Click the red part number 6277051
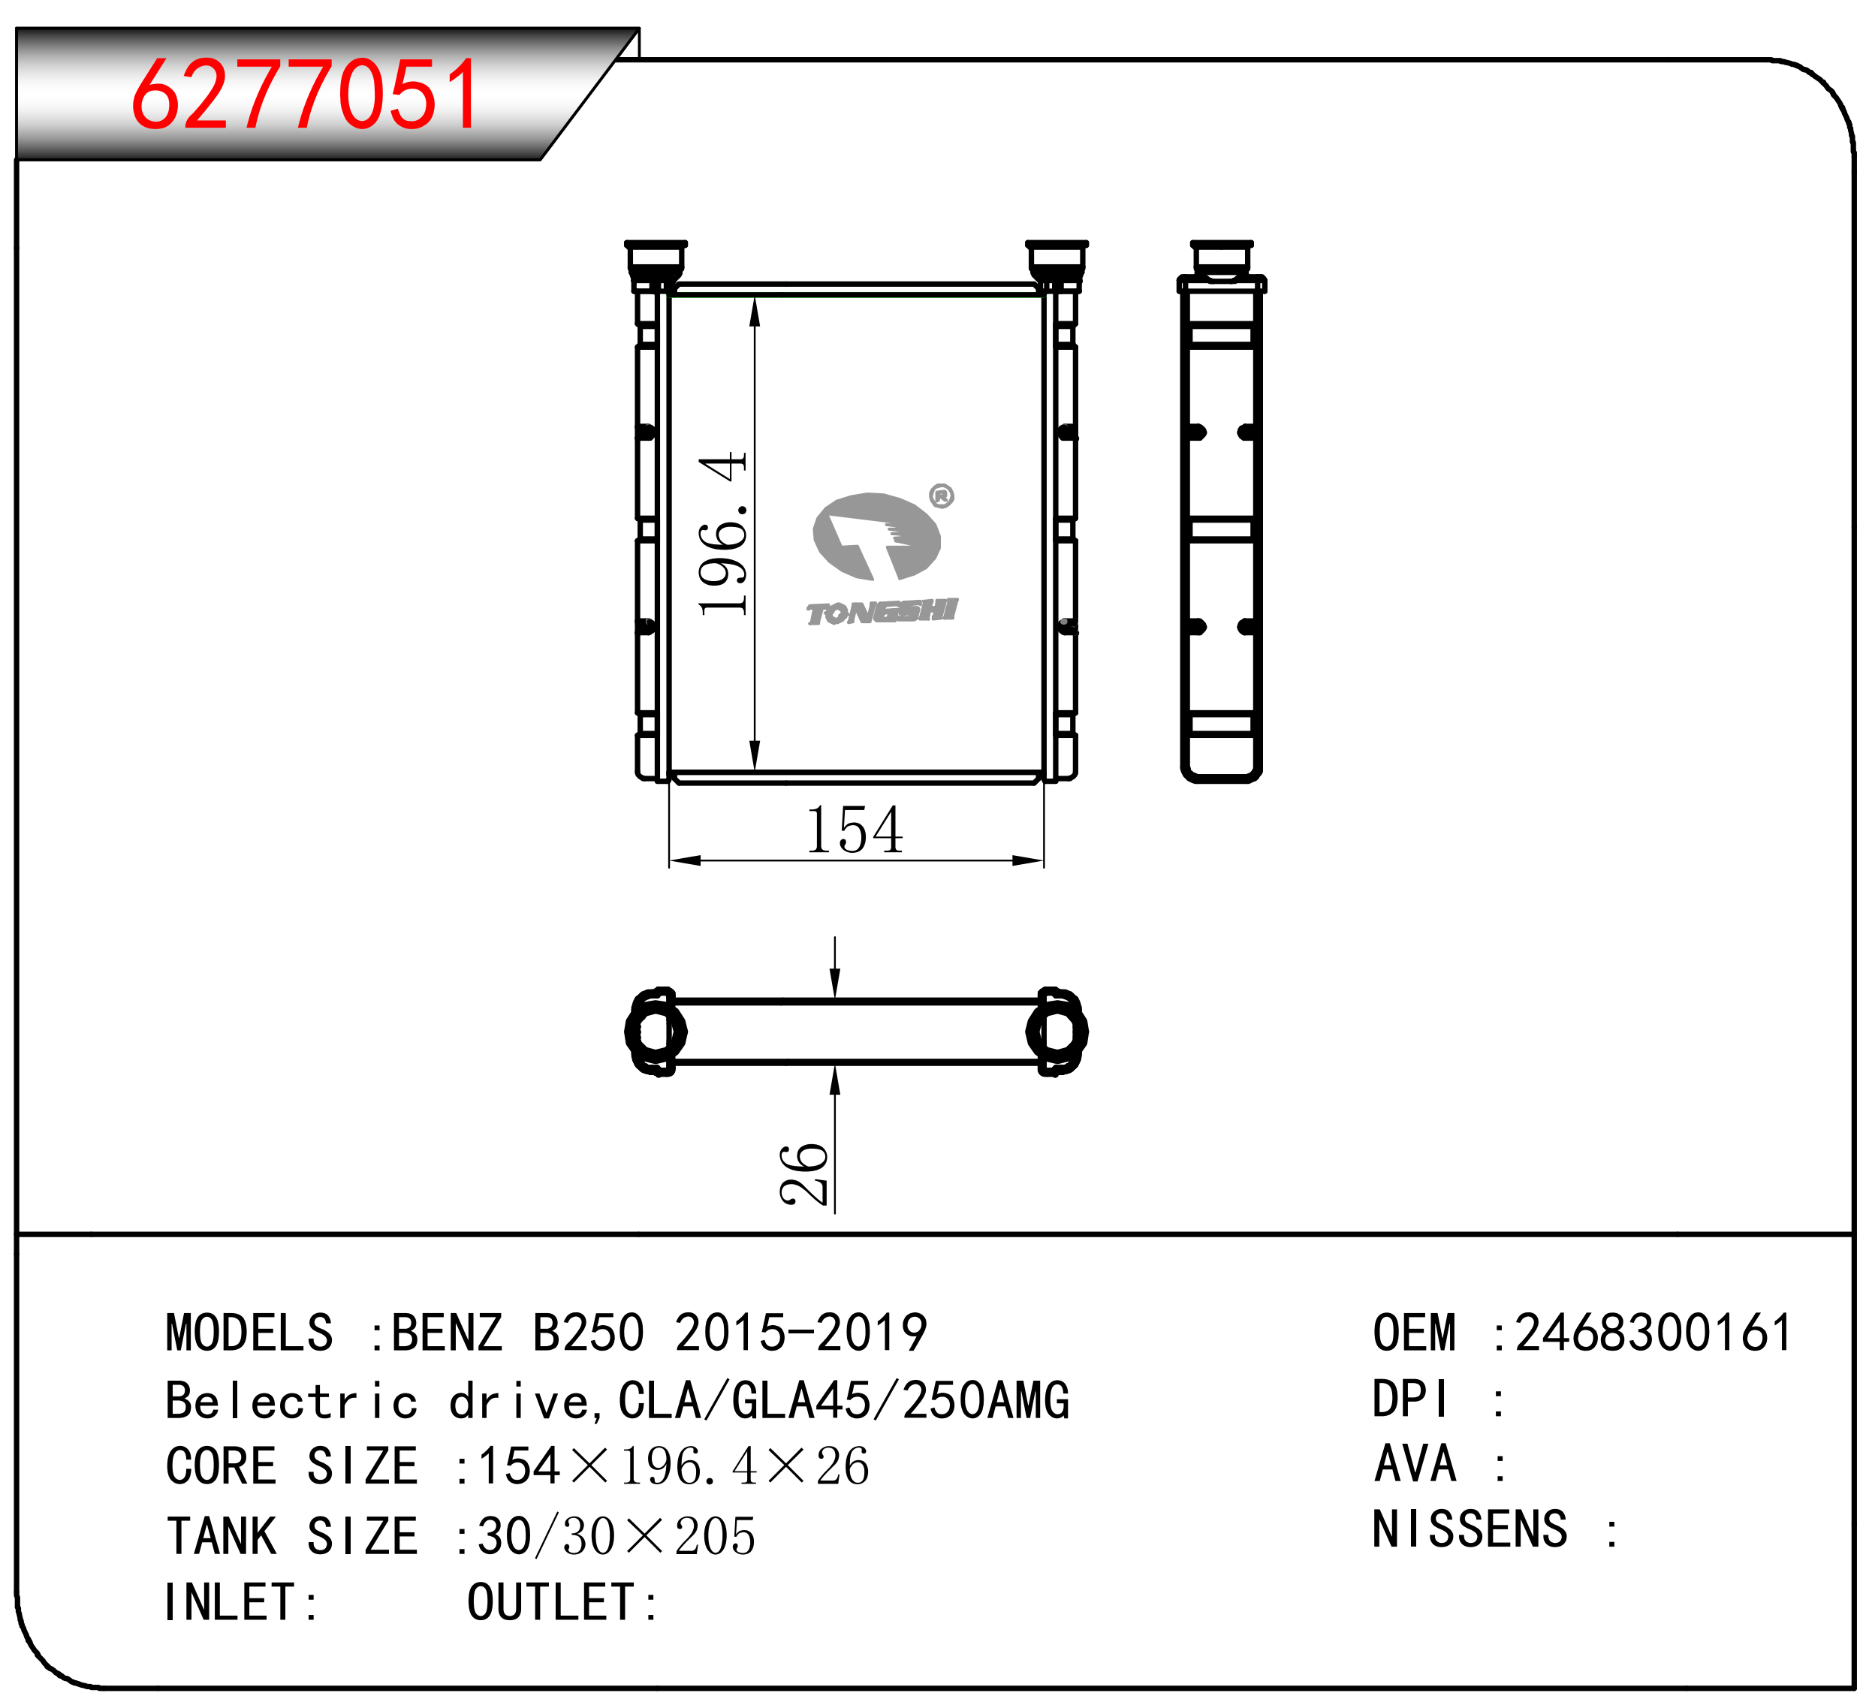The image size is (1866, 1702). coord(306,94)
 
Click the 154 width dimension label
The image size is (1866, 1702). coord(855,830)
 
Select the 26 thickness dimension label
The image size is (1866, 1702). coord(803,1174)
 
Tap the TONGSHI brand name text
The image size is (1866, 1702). coord(881,612)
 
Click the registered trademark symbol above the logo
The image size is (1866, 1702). coord(942,496)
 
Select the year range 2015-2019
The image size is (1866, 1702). coord(800,1333)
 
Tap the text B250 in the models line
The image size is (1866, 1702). coord(589,1333)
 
